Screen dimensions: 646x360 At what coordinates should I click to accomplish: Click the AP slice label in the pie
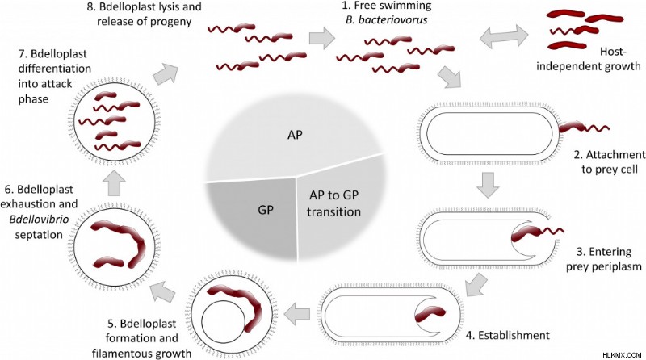(295, 135)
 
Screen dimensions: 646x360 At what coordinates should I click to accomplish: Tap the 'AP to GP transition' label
(333, 203)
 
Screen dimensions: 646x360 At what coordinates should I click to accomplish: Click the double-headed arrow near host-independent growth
(504, 36)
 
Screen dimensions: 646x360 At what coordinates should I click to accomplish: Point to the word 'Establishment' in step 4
(514, 335)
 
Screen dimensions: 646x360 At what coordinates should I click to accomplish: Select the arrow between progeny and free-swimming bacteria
(322, 38)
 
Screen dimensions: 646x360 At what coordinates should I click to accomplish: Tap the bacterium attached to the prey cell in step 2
(584, 128)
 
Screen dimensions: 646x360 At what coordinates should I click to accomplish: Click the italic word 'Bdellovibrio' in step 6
(39, 219)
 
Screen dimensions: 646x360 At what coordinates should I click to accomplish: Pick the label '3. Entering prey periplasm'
(603, 258)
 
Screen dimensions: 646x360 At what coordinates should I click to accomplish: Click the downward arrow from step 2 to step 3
(488, 185)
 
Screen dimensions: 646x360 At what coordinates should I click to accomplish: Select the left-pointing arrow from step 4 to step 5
(297, 314)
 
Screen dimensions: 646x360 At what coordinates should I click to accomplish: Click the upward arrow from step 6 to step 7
(113, 183)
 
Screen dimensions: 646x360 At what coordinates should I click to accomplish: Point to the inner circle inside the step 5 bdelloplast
(224, 322)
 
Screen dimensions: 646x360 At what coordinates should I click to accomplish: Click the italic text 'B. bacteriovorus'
(387, 19)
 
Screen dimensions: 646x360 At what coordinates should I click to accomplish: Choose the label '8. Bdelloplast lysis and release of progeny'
(145, 14)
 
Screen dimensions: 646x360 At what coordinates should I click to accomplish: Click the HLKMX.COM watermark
(622, 354)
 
